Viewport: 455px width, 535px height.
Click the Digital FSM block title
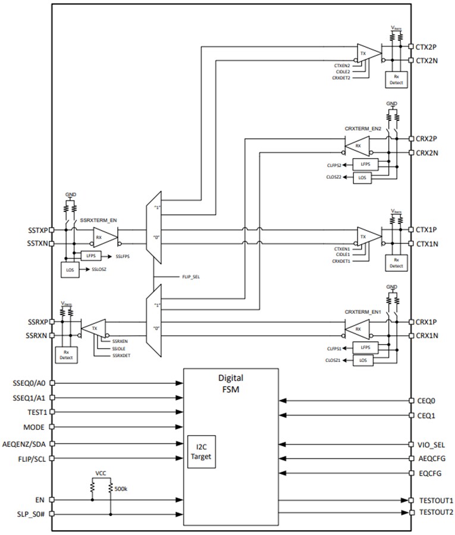pyautogui.click(x=230, y=383)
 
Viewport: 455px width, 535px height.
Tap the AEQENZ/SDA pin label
pyautogui.click(x=29, y=443)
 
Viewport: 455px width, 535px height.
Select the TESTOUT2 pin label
pyautogui.click(x=436, y=512)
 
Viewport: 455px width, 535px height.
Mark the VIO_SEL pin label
pyautogui.click(x=431, y=444)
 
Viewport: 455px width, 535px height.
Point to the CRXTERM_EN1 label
pyautogui.click(x=362, y=311)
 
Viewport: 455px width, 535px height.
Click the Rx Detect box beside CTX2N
pyautogui.click(x=396, y=80)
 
